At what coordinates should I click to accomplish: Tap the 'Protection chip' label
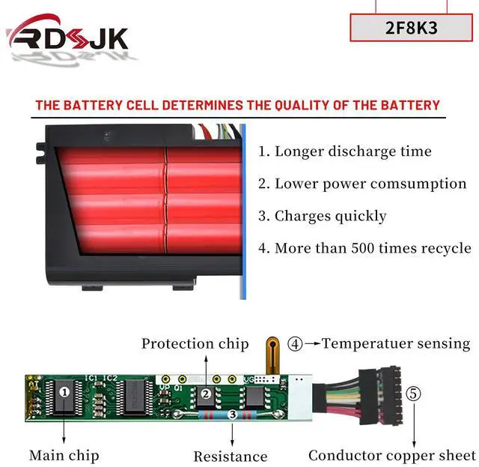(x=195, y=344)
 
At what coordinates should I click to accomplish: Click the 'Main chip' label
(x=64, y=455)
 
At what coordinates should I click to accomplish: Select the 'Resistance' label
(x=230, y=456)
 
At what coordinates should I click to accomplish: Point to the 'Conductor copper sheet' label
(x=391, y=455)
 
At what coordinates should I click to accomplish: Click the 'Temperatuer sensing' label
(x=396, y=344)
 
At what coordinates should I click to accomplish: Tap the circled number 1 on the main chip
(x=65, y=391)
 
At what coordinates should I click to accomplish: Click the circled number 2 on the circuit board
(x=204, y=393)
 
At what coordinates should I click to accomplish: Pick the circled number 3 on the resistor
(x=233, y=414)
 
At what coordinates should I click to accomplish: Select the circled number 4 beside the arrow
(x=295, y=344)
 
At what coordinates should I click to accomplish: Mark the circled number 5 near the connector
(x=413, y=393)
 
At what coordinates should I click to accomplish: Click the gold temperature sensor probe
(x=269, y=356)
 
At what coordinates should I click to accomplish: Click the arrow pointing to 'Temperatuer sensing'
(x=311, y=344)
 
